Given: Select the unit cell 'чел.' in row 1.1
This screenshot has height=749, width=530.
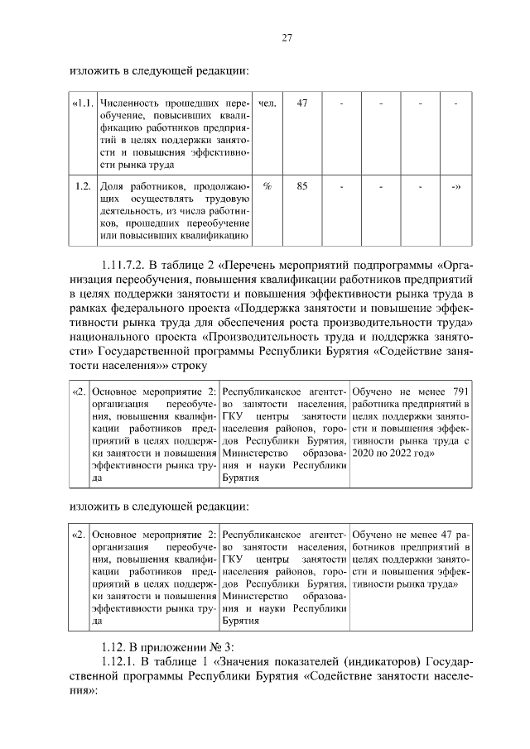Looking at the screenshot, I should [x=267, y=103].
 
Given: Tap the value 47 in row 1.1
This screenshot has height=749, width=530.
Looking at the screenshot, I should [x=302, y=103].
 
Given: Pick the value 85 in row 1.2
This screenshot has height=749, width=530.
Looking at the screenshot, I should [x=302, y=186].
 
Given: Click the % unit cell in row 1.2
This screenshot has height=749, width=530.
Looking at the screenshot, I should [x=267, y=186].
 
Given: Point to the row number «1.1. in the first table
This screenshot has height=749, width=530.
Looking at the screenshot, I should [x=82, y=103].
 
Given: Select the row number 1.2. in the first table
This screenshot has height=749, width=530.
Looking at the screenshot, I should [x=83, y=186].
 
